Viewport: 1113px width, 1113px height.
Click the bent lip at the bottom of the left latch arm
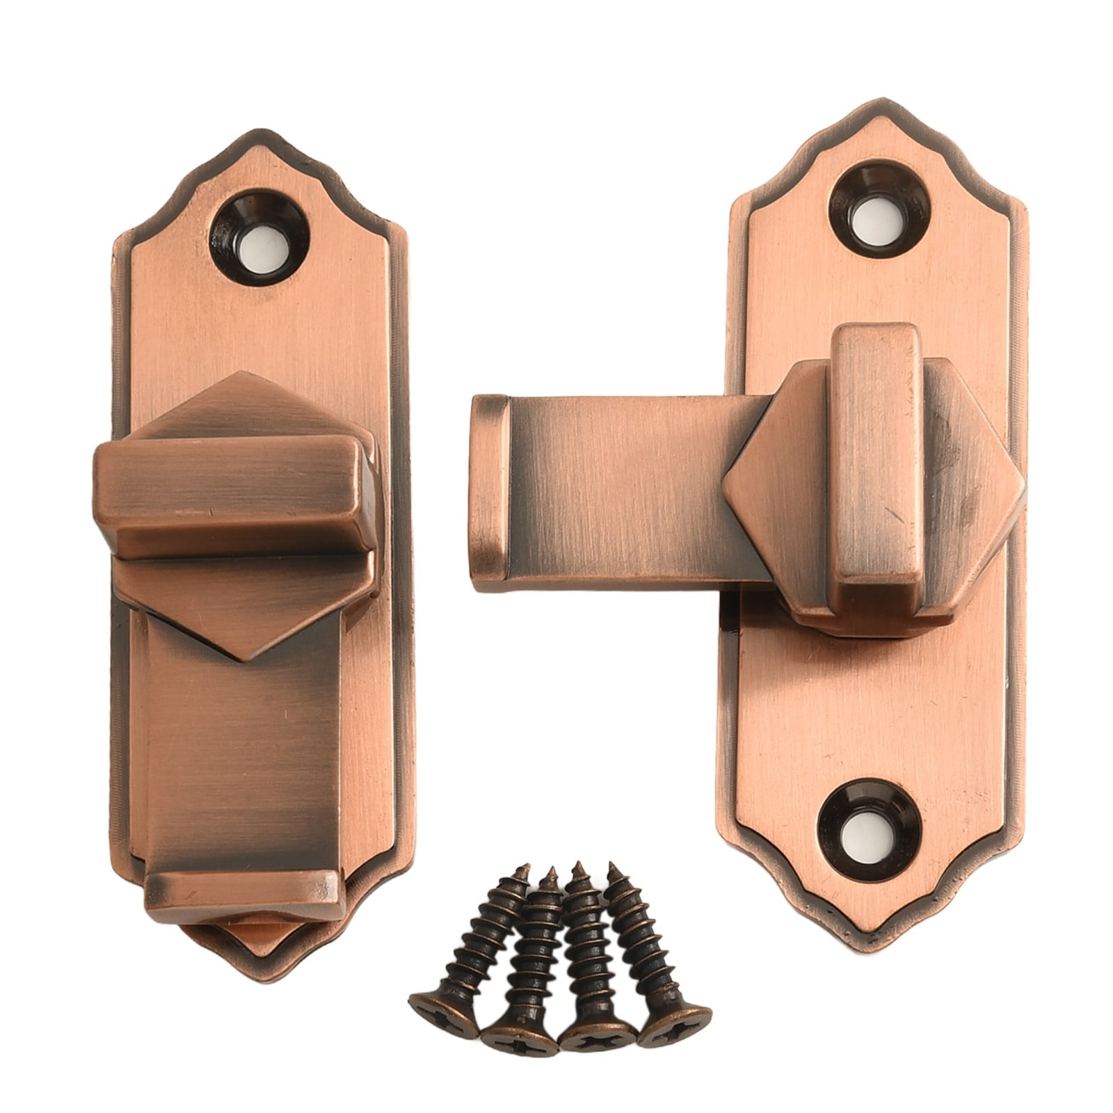coord(243,895)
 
